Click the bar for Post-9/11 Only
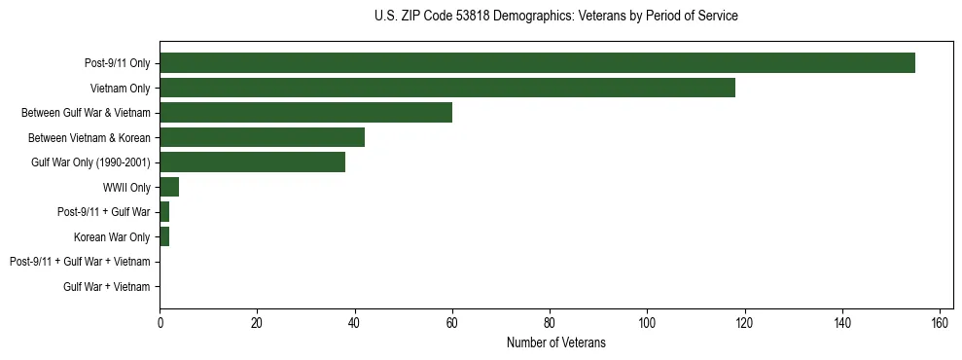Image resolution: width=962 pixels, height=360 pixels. pyautogui.click(x=537, y=63)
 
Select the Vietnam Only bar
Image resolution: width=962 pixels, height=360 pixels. pyautogui.click(x=447, y=88)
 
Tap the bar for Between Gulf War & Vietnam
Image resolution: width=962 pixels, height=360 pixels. pyautogui.click(x=305, y=113)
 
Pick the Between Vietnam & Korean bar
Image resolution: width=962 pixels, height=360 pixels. pyautogui.click(x=262, y=137)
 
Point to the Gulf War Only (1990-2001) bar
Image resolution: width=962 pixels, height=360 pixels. pyautogui.click(x=252, y=162)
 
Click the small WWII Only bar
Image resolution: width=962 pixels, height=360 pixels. pyautogui.click(x=169, y=187)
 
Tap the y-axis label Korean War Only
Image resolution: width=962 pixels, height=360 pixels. pyautogui.click(x=112, y=236)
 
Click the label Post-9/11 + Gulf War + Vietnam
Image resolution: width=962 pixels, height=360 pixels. pyautogui.click(x=80, y=262)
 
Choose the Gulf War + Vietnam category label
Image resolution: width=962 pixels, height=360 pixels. pyautogui.click(x=107, y=287)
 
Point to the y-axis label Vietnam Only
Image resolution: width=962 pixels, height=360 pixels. pyautogui.click(x=120, y=89)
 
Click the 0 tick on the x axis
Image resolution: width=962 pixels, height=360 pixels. pyautogui.click(x=160, y=323)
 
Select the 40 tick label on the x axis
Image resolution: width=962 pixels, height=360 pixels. pyautogui.click(x=355, y=323)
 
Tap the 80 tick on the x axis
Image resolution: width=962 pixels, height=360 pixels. pyautogui.click(x=550, y=323)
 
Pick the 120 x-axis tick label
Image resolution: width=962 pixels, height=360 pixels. pyautogui.click(x=745, y=323)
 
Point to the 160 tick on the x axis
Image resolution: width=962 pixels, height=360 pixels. pyautogui.click(x=940, y=323)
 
